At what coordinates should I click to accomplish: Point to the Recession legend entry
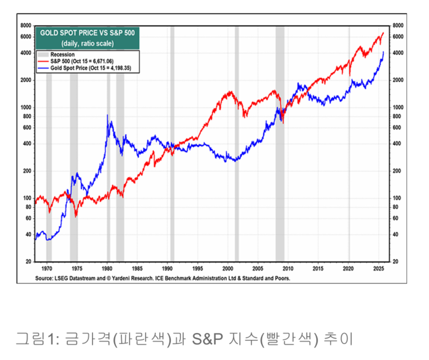tap(62, 54)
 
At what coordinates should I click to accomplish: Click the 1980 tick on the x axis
tap(107, 268)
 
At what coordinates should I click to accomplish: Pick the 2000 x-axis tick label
tap(227, 268)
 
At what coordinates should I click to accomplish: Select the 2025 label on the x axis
tap(378, 268)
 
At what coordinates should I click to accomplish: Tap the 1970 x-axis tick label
tap(47, 268)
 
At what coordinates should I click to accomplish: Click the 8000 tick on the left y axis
tap(26, 26)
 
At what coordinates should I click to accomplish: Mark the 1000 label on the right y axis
tap(398, 107)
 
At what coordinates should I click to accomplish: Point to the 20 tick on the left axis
tap(28, 261)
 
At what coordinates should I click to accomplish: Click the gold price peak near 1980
tap(107, 116)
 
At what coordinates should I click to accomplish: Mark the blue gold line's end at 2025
tap(384, 53)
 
